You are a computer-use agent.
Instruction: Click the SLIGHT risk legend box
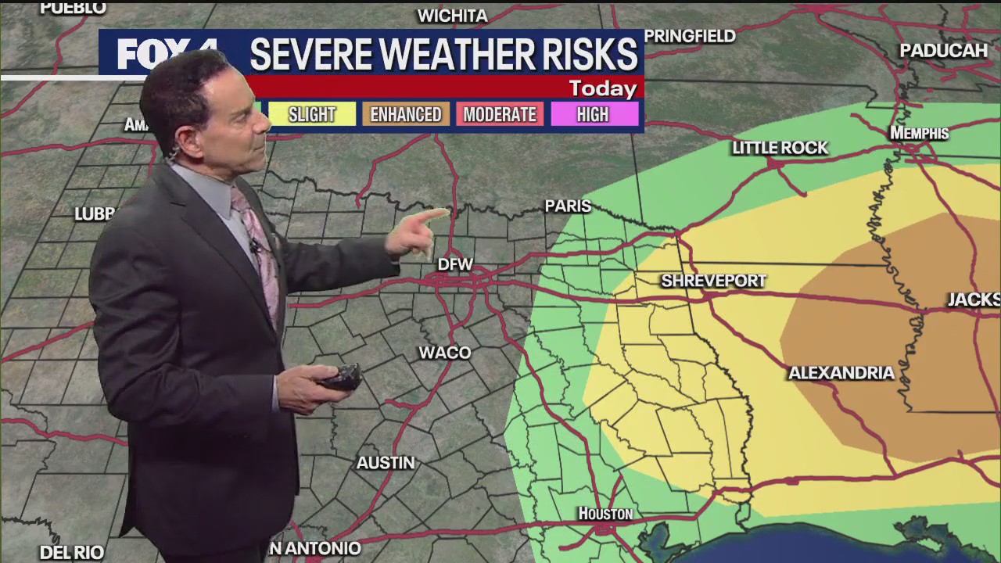point(312,114)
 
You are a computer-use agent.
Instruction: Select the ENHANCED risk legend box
point(406,114)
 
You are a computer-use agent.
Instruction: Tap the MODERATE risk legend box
point(500,114)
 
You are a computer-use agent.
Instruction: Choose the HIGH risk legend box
point(593,114)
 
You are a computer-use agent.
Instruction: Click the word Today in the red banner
point(602,88)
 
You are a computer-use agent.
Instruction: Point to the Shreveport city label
point(713,281)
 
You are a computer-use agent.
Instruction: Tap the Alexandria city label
point(841,373)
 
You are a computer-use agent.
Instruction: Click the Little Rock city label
point(780,148)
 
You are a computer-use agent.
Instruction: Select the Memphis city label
point(920,134)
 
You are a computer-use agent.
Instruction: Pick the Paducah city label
point(943,51)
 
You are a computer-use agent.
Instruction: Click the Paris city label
point(568,206)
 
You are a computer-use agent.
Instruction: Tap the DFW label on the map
point(455,264)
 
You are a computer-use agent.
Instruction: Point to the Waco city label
point(445,353)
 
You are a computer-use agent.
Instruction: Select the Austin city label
point(386,463)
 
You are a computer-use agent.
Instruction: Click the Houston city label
point(605,514)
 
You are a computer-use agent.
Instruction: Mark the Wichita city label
point(452,16)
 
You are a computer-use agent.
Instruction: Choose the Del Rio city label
point(72,552)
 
